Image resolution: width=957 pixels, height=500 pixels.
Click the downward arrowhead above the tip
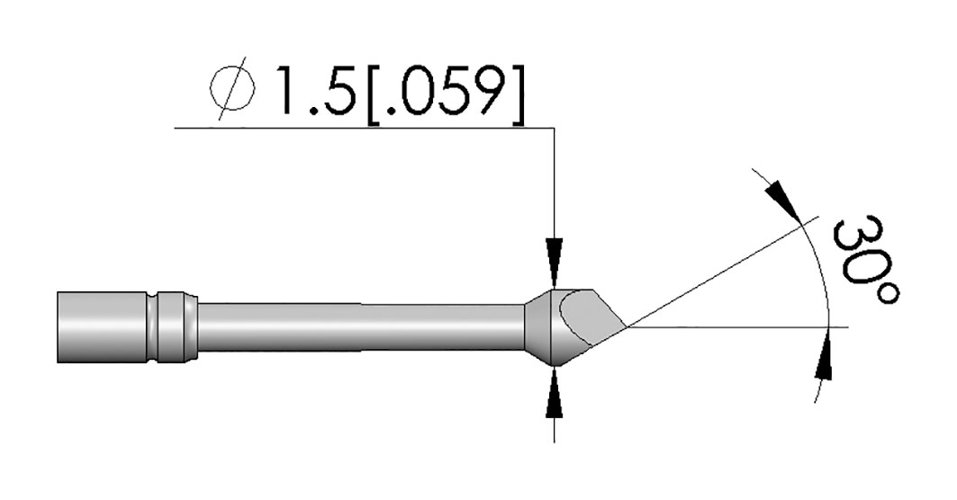click(555, 262)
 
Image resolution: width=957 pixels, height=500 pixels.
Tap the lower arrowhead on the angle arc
click(825, 353)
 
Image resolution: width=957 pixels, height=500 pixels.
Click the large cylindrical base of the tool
click(103, 327)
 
